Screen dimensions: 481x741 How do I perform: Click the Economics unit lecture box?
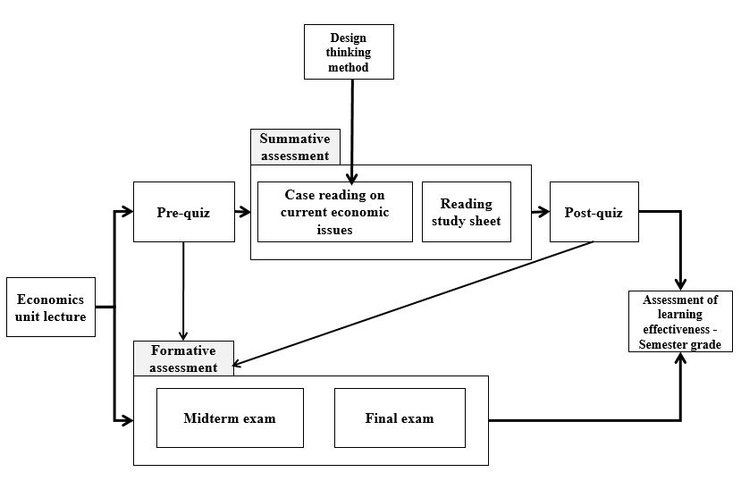point(51,307)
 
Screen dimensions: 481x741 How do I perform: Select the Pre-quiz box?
point(183,212)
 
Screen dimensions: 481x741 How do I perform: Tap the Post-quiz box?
point(594,212)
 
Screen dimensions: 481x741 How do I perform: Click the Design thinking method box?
point(349,52)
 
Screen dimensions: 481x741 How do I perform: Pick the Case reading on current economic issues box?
point(335,212)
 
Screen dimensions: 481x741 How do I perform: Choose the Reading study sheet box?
point(467,212)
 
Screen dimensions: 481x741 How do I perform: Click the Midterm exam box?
point(230,418)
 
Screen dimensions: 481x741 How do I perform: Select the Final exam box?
point(400,418)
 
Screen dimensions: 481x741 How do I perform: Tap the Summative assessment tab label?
point(295,147)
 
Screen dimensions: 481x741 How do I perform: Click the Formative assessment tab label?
point(183,359)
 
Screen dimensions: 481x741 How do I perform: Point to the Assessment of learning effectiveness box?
point(681,321)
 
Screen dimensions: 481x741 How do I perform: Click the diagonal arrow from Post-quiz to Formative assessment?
point(411,304)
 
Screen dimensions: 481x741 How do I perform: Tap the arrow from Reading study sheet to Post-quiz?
point(539,212)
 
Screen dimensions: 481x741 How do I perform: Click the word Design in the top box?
point(349,38)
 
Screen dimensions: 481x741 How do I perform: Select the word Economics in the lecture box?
point(51,300)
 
